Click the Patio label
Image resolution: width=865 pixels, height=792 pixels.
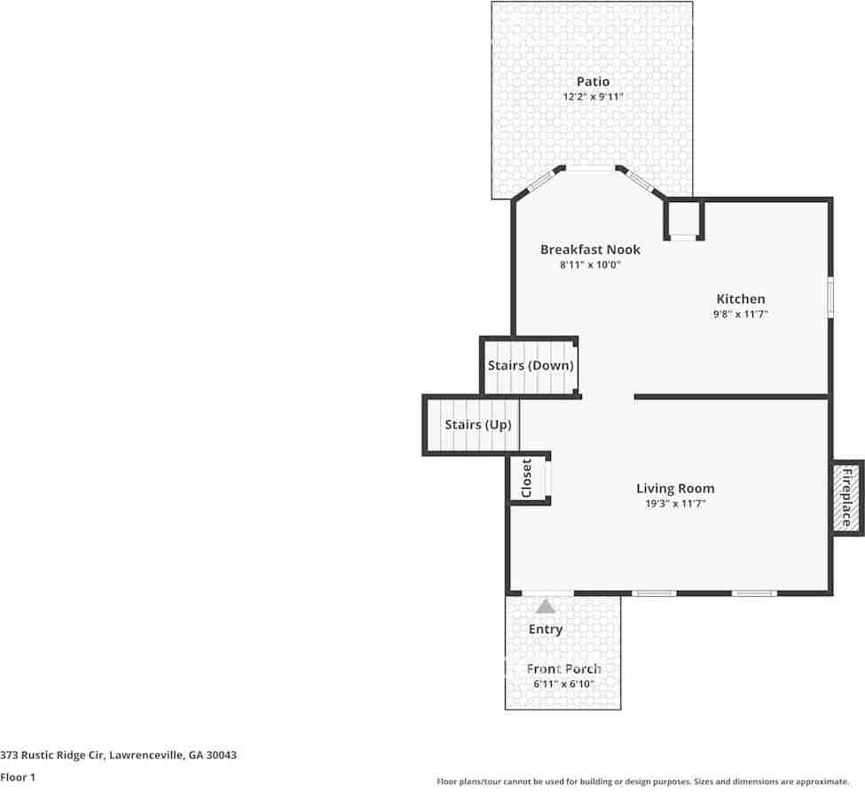[x=593, y=82]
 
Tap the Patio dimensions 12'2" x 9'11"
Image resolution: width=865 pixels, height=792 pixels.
[x=593, y=97]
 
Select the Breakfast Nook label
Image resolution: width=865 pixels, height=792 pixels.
[x=590, y=249]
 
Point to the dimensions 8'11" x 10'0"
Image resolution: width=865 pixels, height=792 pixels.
[x=590, y=264]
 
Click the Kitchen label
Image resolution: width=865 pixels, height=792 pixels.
[x=741, y=299]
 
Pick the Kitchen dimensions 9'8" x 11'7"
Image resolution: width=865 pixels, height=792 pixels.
[x=741, y=314]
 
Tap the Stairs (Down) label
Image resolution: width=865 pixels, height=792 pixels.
[x=531, y=365]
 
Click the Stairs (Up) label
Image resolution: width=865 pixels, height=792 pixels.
[x=477, y=425]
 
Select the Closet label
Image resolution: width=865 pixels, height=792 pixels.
[x=526, y=478]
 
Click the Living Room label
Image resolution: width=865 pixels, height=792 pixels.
[x=675, y=488]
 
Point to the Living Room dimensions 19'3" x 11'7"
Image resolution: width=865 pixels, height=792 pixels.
[x=675, y=504]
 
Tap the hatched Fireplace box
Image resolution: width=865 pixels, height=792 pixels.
[x=846, y=498]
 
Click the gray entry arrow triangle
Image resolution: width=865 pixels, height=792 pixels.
[x=546, y=607]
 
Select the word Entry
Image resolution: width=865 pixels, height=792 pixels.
[x=546, y=629]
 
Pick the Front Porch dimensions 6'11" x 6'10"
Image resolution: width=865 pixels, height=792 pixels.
[x=563, y=684]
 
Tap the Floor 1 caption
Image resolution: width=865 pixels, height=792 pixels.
[x=18, y=777]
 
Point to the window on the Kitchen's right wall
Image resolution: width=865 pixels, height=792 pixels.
[x=830, y=297]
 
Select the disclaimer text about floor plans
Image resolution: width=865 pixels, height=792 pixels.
[x=642, y=781]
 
